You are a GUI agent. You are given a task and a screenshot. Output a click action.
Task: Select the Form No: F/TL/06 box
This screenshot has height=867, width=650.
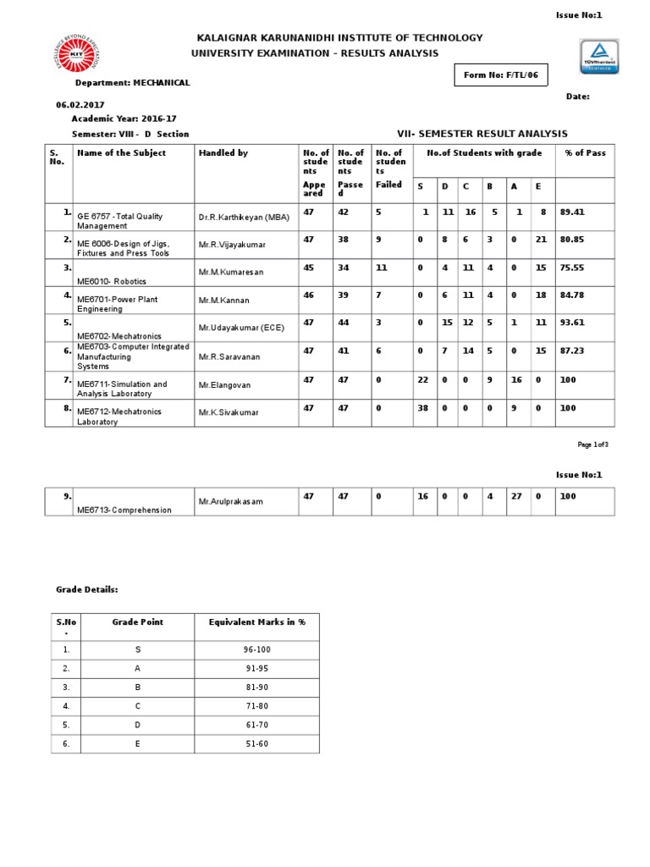[501, 76]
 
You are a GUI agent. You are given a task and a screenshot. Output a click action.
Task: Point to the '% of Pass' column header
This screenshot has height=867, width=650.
[585, 153]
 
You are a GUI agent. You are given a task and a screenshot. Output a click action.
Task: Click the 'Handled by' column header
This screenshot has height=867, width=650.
[223, 153]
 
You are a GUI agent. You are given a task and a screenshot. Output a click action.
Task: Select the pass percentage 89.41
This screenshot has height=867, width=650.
[572, 213]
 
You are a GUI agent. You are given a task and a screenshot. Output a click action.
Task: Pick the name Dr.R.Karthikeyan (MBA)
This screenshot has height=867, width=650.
[244, 218]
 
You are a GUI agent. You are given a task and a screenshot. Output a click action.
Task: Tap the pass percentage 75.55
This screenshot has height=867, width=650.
[572, 268]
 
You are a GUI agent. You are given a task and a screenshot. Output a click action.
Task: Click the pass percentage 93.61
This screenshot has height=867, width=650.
[572, 323]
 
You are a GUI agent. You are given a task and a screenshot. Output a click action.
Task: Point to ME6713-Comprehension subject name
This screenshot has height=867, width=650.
[124, 510]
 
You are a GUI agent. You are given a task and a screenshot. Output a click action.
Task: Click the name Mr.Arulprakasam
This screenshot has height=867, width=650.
[231, 502]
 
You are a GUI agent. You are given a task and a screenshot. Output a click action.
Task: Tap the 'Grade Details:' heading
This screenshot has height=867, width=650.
[87, 588]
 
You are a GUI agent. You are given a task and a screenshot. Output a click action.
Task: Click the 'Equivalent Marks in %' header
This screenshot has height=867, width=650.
[257, 622]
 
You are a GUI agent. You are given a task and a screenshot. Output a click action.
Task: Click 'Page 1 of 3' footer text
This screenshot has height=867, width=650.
[592, 445]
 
